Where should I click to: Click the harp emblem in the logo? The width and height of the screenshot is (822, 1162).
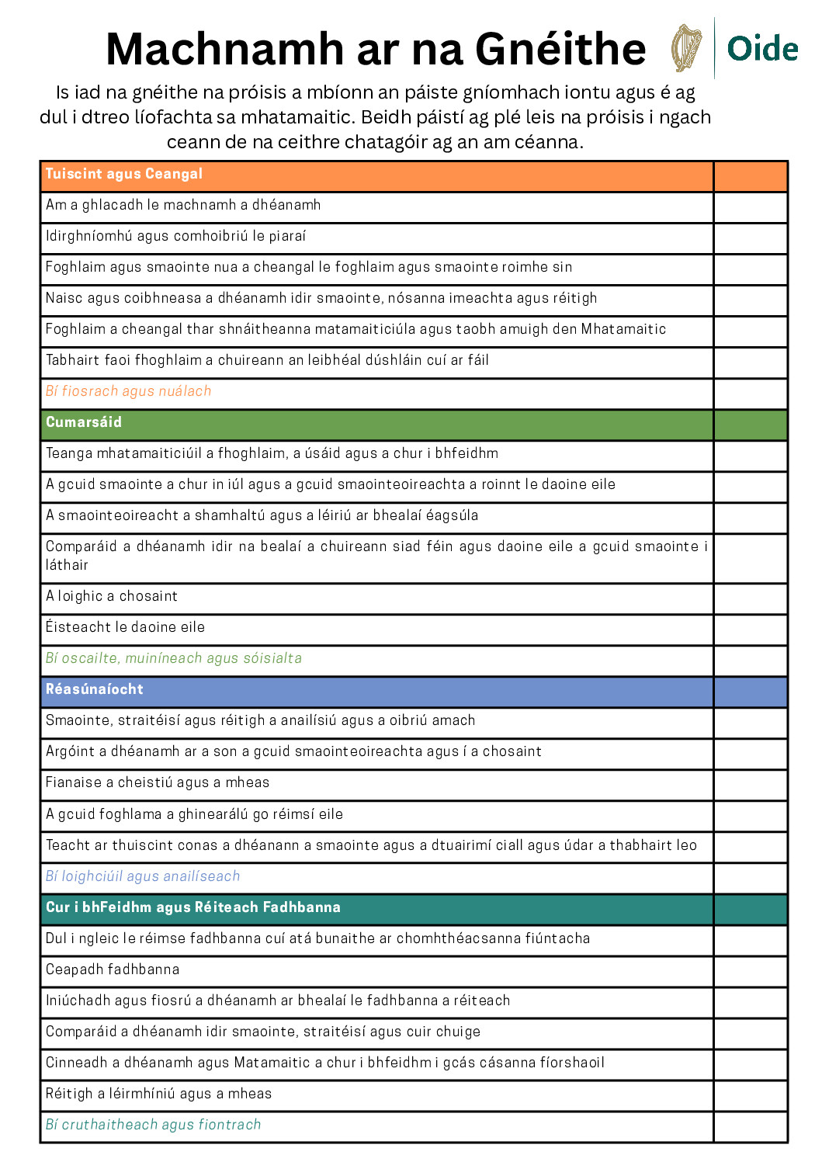pyautogui.click(x=686, y=48)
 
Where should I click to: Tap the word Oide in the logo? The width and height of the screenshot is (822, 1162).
pyautogui.click(x=762, y=49)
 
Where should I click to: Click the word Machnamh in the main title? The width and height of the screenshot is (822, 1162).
pyautogui.click(x=225, y=49)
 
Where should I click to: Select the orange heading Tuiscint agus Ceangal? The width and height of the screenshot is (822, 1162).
pyautogui.click(x=124, y=174)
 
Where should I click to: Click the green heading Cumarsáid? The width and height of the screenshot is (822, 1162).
pyautogui.click(x=84, y=422)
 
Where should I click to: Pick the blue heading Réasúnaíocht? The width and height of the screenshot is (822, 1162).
pyautogui.click(x=95, y=689)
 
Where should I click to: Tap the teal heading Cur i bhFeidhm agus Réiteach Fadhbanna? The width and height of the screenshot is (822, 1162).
pyautogui.click(x=193, y=907)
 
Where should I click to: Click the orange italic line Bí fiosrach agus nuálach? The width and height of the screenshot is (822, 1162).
pyautogui.click(x=129, y=391)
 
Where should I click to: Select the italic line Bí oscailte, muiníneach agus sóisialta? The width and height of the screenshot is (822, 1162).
pyautogui.click(x=174, y=658)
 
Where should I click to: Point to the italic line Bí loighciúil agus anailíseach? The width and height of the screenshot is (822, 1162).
pyautogui.click(x=143, y=876)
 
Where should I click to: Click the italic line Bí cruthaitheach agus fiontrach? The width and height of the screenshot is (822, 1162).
pyautogui.click(x=154, y=1125)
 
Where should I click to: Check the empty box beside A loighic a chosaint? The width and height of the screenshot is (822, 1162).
pyautogui.click(x=750, y=596)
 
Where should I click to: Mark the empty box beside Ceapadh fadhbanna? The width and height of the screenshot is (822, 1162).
pyautogui.click(x=750, y=969)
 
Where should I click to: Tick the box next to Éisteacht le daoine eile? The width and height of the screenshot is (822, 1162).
pyautogui.click(x=750, y=627)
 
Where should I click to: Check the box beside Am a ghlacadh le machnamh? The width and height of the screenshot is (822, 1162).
pyautogui.click(x=750, y=205)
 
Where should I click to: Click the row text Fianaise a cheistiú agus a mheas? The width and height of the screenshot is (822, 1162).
pyautogui.click(x=158, y=782)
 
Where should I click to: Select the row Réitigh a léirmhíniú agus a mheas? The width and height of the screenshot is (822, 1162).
pyautogui.click(x=159, y=1094)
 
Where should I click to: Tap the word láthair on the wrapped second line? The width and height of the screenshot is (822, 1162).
pyautogui.click(x=67, y=565)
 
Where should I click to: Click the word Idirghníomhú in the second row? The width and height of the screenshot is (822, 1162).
pyautogui.click(x=89, y=236)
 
